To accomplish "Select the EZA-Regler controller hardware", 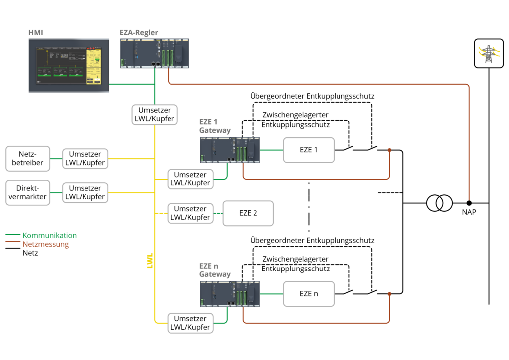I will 154,53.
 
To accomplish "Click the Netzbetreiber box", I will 28,157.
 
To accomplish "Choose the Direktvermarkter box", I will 28,192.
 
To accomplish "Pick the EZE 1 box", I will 309,149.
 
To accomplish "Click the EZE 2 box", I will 248,213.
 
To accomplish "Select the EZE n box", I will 309,293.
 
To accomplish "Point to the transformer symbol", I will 439,203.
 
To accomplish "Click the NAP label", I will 469,213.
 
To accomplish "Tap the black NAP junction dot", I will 469,203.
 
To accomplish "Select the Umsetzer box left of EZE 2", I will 190,213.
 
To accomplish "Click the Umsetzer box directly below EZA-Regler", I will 154,115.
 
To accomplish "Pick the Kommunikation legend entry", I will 49,235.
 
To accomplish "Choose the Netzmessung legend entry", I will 45,244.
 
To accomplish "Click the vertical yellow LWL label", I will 150,261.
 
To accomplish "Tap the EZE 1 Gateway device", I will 230,150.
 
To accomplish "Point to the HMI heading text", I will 36,33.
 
